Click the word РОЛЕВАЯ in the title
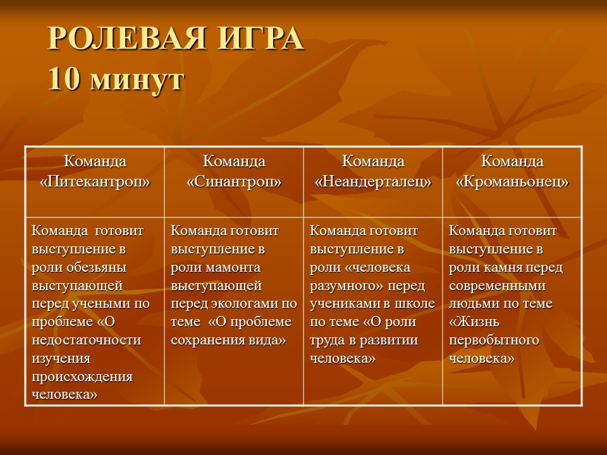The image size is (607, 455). click(126, 38)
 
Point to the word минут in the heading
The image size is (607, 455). click(137, 82)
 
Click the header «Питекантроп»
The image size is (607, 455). click(95, 181)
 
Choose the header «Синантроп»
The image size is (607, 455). click(234, 181)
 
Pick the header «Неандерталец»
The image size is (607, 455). click(373, 181)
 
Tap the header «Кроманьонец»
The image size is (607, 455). click(512, 181)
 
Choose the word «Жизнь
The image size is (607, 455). click(474, 322)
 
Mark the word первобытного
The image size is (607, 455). click(494, 340)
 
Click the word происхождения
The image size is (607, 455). click(82, 377)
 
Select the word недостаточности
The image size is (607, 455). click(87, 340)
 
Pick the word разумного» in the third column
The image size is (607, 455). click(346, 286)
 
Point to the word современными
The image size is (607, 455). click(498, 286)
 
